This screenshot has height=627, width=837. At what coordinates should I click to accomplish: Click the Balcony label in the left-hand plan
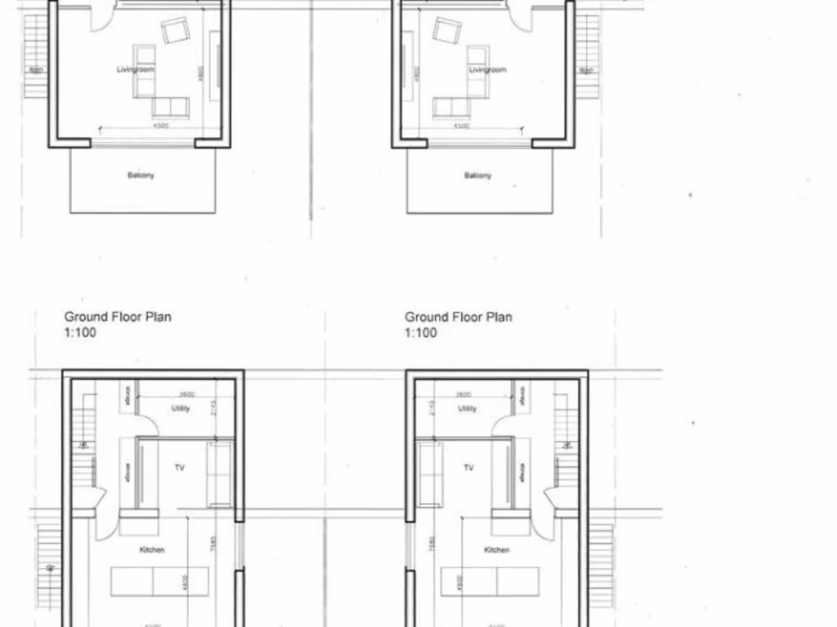pos(141,175)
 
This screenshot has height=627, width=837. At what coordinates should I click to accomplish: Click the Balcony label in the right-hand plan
pos(478,176)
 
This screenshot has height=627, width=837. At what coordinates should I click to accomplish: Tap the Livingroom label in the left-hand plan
pos(135,70)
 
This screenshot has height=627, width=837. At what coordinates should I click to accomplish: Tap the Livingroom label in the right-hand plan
pos(487,70)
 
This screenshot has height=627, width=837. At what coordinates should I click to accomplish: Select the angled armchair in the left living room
pos(175,31)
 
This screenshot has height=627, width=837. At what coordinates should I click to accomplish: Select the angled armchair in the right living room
pos(447,31)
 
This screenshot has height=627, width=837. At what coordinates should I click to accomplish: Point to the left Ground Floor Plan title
pos(118,317)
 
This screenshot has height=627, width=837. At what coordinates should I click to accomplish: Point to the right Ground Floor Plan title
pos(459,317)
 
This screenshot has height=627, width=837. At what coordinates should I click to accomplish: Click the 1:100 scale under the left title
pos(79,333)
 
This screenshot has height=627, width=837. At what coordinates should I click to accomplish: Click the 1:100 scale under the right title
pos(421,333)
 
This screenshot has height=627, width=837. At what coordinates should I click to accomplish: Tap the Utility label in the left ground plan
pos(181,408)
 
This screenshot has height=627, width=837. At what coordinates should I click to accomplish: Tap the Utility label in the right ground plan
pos(468,408)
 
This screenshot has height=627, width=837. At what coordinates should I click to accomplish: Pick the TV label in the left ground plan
pos(180,468)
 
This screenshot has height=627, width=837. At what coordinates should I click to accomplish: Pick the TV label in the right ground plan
pos(469,468)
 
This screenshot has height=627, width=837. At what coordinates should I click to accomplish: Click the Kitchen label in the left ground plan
pos(152,550)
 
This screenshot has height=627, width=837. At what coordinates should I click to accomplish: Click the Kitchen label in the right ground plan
pos(497,550)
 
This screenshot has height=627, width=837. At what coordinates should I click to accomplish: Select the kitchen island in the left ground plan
pos(159,581)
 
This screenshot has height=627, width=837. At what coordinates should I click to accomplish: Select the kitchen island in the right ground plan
pos(490,581)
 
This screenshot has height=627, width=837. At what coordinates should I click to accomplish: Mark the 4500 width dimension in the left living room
pos(159,127)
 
